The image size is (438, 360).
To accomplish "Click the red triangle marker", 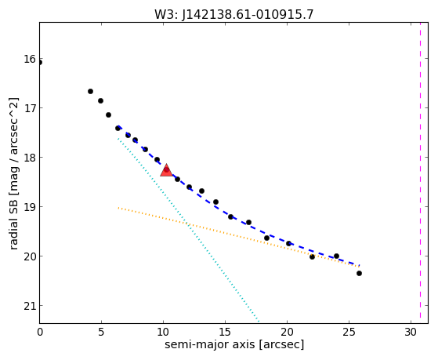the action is point(166,170).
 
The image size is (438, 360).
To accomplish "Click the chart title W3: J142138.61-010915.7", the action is point(234,14).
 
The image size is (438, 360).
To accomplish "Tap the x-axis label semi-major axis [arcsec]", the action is point(234,344).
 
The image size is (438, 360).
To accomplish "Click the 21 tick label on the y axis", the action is point(30,306).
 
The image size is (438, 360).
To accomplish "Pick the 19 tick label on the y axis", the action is point(30,207).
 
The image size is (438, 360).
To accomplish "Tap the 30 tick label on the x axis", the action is point(411,332).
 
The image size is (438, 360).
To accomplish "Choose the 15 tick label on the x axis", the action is point(225,332).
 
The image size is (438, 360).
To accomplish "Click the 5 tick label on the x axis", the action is point(101,332).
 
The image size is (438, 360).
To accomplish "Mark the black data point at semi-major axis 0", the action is point(40,63).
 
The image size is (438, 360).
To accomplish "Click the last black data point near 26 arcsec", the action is point(359,273).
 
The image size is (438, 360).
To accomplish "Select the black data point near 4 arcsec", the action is point(91,92).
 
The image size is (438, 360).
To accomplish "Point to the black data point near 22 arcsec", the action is point(313,256).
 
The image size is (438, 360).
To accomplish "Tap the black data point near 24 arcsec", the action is point(337,256).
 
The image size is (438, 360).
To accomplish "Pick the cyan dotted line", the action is point(189,230).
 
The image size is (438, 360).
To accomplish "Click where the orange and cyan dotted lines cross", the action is point(187,224).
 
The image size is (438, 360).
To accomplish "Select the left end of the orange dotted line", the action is point(118,208).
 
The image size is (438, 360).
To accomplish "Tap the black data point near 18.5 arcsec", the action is point(266,238).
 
